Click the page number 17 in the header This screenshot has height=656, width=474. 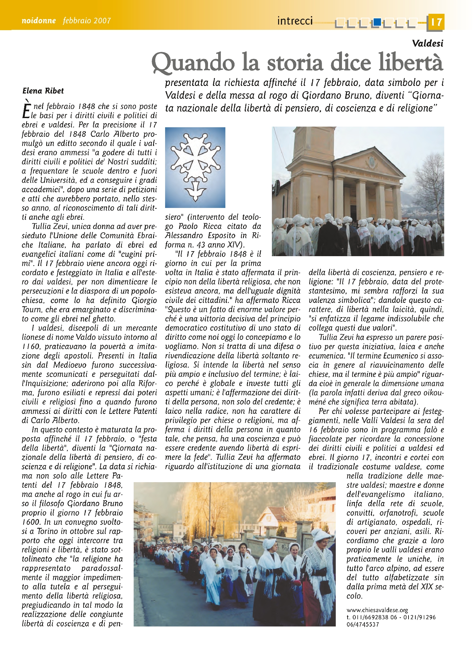[436, 22]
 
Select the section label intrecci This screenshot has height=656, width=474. [295, 21]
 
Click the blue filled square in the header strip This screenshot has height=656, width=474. [377, 22]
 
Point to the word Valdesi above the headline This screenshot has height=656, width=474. [427, 43]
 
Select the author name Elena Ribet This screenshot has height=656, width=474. [43, 91]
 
